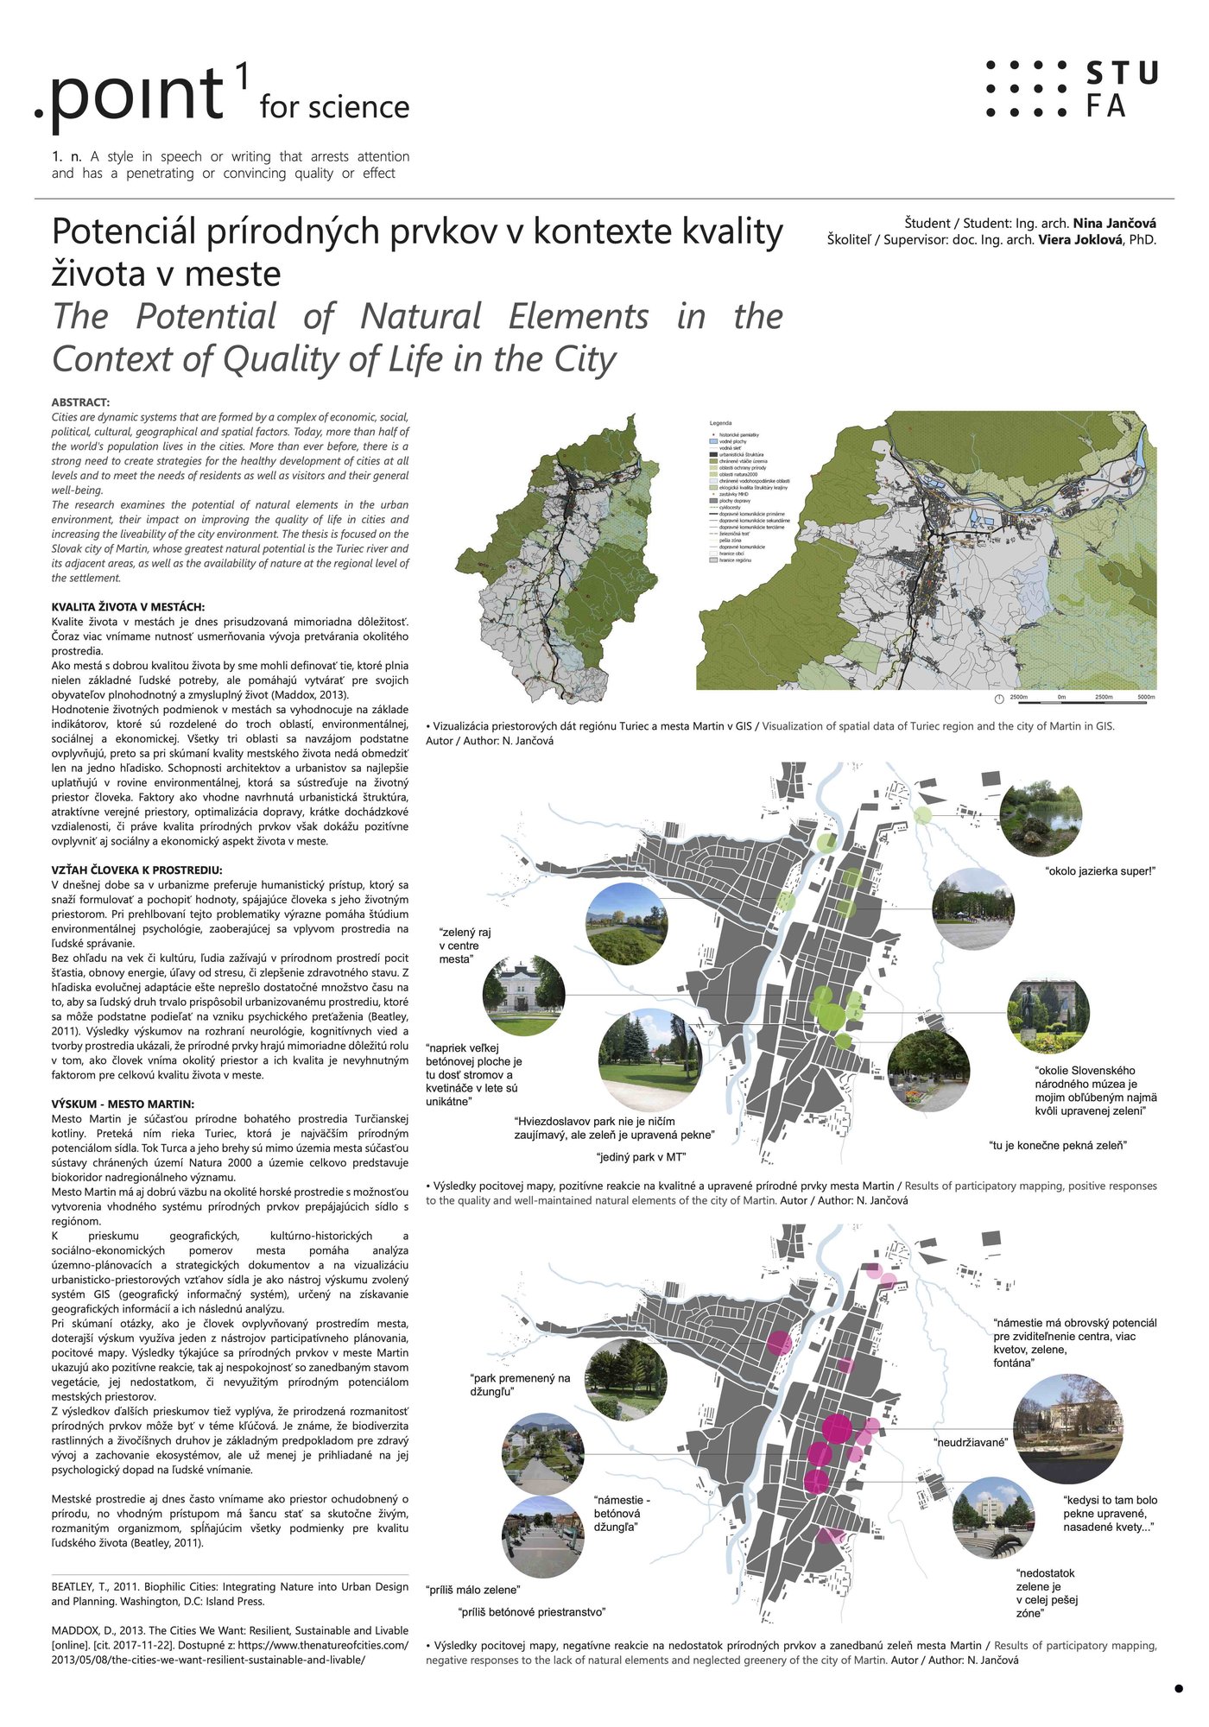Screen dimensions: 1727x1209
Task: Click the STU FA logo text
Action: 1120,89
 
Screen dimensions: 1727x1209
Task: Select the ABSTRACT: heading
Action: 80,402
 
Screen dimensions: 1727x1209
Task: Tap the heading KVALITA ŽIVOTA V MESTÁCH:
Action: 128,607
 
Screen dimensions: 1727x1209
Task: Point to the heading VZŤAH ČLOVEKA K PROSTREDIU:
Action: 136,870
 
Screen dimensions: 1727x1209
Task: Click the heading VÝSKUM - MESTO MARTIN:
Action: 123,1104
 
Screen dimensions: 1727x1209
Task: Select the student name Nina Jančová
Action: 1114,223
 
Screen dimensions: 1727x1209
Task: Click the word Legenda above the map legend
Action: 720,423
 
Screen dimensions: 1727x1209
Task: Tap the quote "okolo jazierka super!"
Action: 1099,870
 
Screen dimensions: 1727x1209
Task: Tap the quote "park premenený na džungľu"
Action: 520,1384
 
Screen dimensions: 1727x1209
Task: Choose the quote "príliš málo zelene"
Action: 472,1590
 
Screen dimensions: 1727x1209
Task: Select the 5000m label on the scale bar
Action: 1145,697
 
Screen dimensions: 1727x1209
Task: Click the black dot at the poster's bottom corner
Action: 1178,1688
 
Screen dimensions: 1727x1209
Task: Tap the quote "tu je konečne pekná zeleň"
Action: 1058,1145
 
